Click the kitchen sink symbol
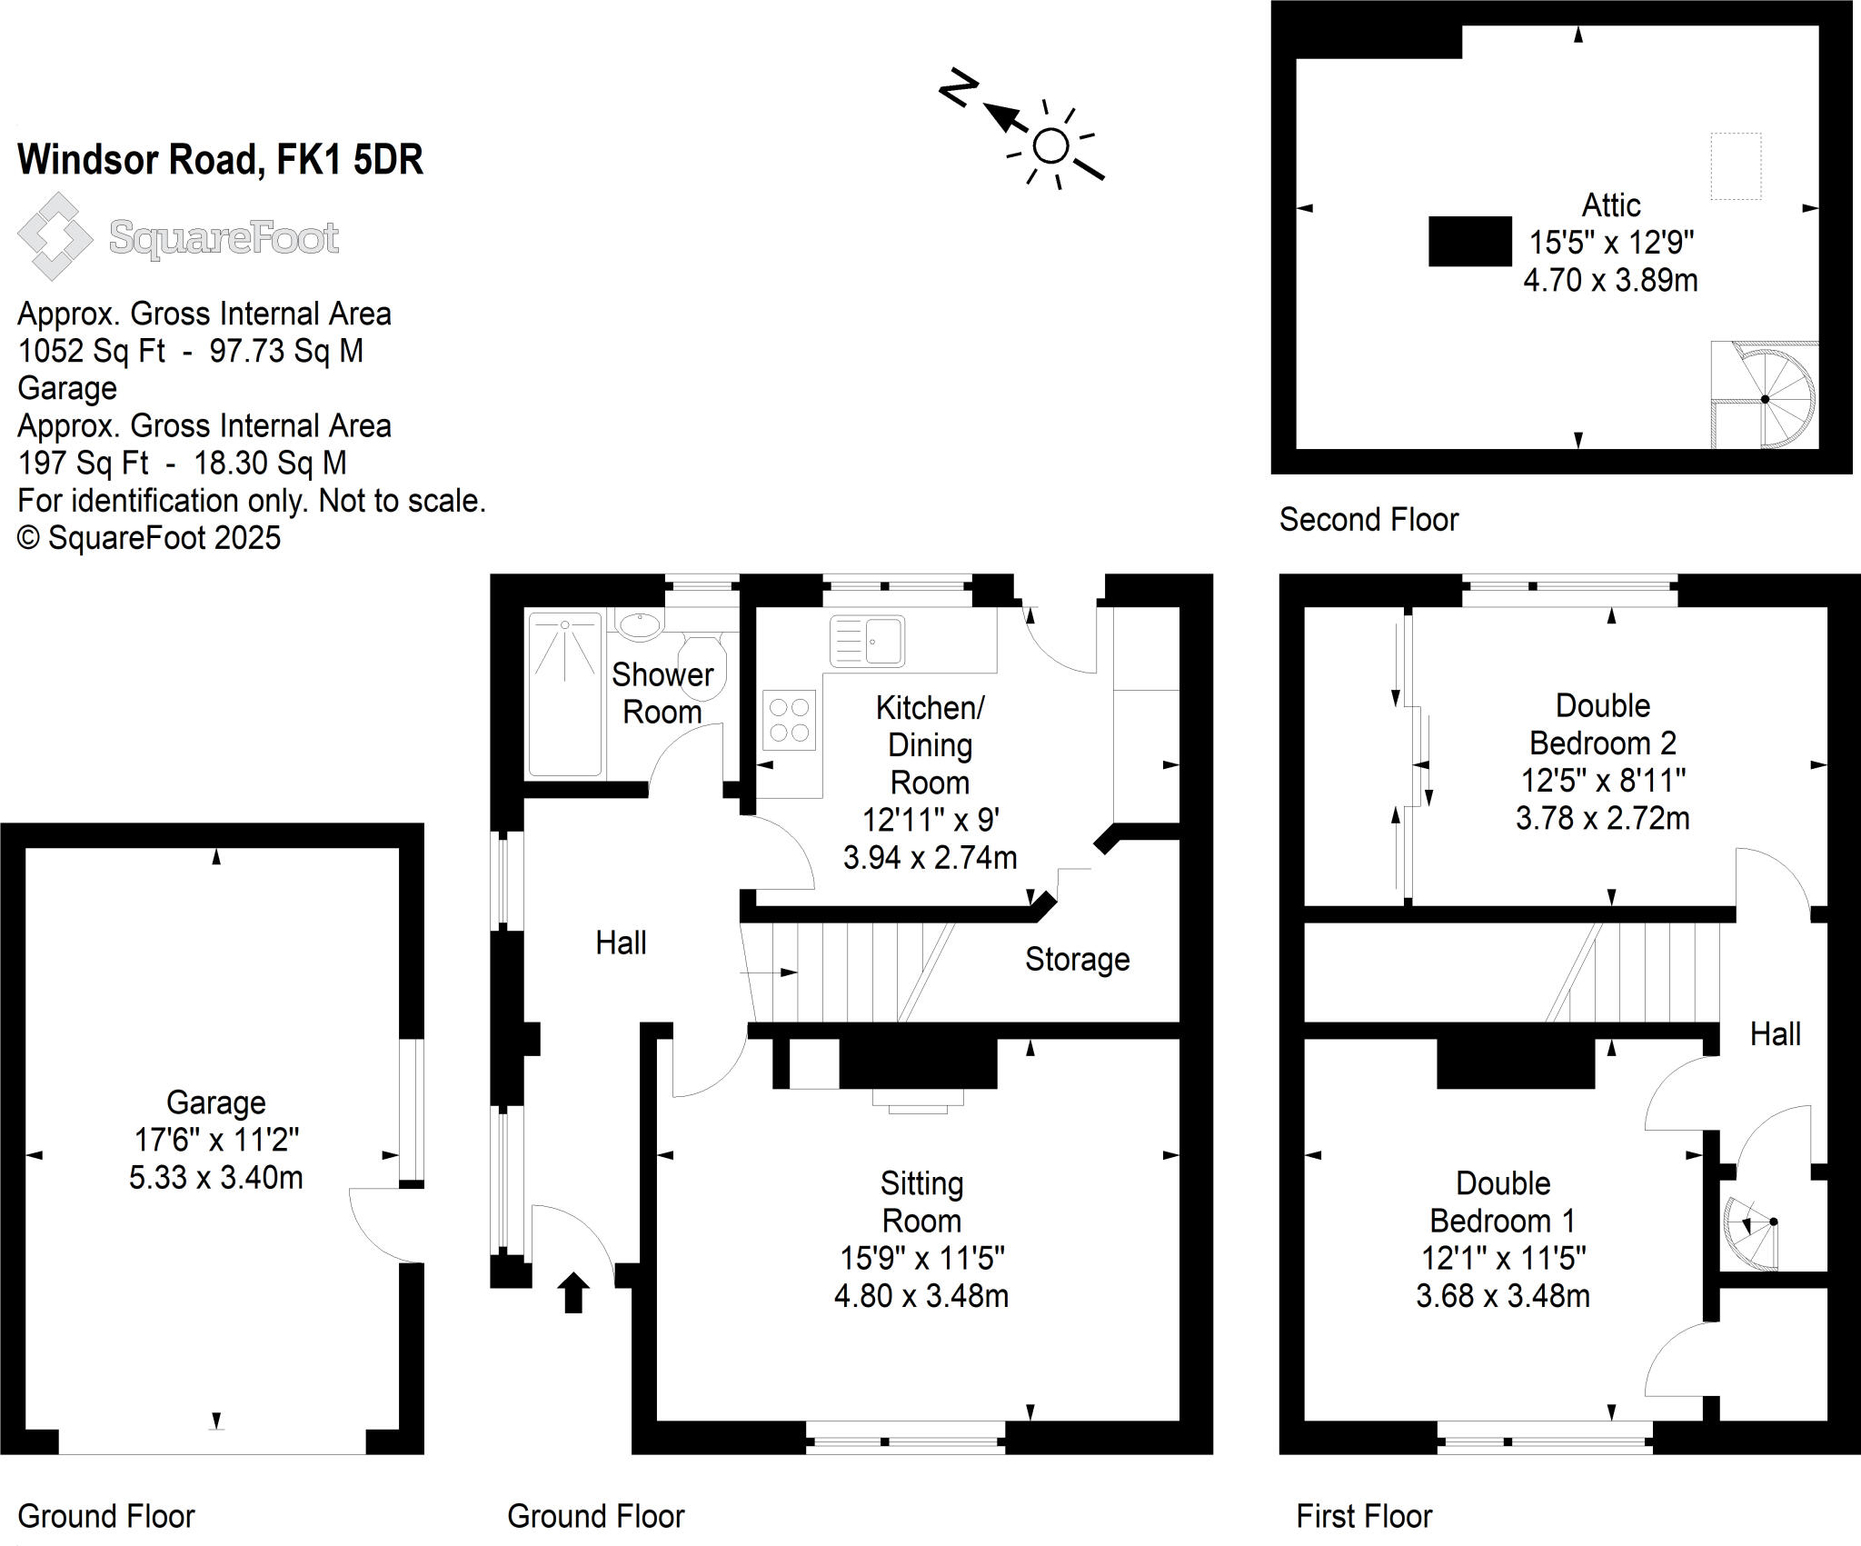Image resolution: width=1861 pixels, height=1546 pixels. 867,640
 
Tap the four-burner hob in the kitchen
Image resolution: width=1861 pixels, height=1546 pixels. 789,721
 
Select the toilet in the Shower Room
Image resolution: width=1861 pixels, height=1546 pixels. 702,665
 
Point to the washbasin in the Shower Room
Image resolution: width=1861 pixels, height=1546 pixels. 640,624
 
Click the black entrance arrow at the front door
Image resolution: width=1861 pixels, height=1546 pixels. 572,1292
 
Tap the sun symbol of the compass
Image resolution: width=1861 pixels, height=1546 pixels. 1051,146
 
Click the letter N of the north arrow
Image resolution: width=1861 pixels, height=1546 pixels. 958,88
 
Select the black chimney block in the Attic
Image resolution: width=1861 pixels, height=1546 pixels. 1469,241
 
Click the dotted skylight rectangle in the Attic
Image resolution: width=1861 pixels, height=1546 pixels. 1736,165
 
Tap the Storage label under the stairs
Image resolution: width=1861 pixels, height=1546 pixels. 1077,959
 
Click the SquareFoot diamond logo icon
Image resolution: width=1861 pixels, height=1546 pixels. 55,236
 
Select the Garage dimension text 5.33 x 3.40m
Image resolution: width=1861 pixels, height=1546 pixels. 215,1177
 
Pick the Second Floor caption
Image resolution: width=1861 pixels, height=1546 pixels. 1368,520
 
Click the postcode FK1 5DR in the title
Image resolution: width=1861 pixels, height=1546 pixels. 350,160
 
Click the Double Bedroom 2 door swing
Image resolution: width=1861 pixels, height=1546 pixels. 1772,877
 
